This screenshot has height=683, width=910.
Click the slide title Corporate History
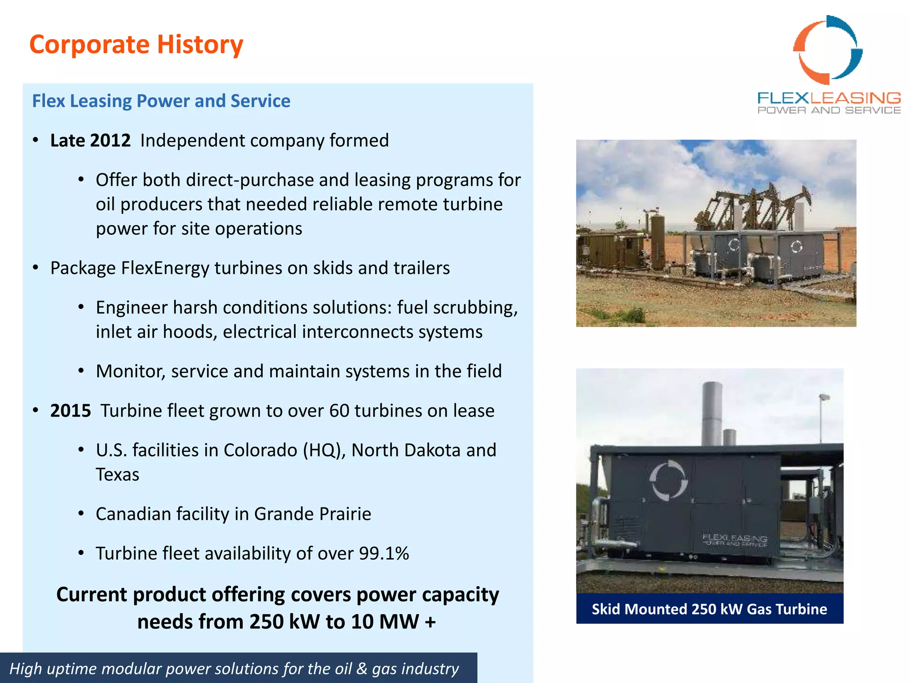coord(136,44)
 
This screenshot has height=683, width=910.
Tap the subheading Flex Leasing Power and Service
coord(161,101)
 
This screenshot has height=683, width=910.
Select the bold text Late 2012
coord(90,141)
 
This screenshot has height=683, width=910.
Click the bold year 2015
coord(70,410)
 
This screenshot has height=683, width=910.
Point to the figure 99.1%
coord(384,553)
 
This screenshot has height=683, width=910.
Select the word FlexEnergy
coord(165,268)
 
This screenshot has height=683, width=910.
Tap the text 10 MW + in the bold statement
coord(393,622)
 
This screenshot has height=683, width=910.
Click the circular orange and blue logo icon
coord(828,50)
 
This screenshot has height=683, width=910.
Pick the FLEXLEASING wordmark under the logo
coord(829,98)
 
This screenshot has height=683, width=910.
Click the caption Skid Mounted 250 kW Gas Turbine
coord(709,609)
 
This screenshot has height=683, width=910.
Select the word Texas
coord(117,474)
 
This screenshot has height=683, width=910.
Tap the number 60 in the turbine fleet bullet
coord(339,410)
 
